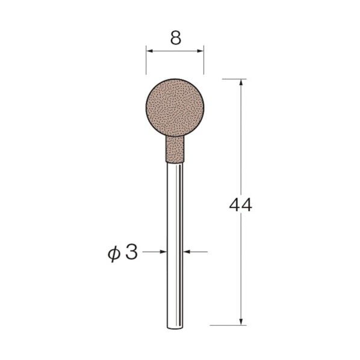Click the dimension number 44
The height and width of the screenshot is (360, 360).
240,205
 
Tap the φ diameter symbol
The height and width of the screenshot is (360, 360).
114,254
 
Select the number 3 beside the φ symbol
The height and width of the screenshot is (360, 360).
132,252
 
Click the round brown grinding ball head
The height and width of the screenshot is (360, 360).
175,107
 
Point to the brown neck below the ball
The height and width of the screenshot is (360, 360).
175,149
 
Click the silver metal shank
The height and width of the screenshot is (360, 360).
175,246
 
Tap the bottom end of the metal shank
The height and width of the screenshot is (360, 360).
175,329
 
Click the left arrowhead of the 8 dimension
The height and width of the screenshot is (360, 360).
149,51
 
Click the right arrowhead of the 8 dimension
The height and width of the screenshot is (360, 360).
200,51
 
